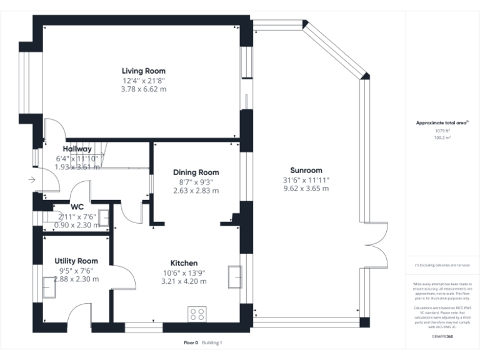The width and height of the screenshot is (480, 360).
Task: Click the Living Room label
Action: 144,71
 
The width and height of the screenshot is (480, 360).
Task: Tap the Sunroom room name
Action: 306,170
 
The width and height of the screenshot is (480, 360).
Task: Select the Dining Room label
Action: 196,172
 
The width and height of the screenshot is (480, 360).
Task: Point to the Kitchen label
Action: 184,263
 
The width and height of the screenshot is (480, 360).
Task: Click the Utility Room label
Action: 76,261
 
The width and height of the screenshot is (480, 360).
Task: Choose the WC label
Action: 77,207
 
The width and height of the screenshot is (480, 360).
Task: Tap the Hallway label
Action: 77,149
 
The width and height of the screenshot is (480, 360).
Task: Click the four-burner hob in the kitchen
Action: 198,312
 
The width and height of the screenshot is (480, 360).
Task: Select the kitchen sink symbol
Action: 236,276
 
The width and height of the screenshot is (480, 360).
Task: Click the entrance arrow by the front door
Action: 31,181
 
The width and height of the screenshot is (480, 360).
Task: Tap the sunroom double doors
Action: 373,244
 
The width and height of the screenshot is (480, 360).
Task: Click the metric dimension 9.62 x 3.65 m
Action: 306,188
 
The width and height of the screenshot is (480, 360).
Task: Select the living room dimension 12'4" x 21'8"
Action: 144,81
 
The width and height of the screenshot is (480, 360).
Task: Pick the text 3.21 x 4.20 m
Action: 184,281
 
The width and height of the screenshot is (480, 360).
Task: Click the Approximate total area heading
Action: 442,123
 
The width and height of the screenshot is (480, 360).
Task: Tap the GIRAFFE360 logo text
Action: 442,336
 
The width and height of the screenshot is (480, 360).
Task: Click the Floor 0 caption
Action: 191,342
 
